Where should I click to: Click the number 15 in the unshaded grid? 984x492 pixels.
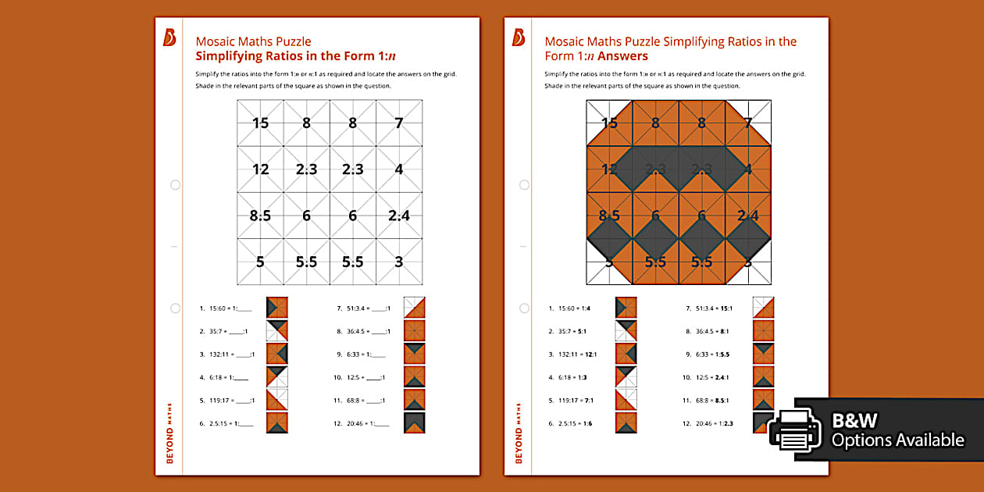point(260,123)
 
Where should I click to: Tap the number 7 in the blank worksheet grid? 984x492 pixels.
point(398,123)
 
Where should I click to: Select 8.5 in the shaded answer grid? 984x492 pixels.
point(609,216)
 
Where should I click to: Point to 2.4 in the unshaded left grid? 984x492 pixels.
point(398,216)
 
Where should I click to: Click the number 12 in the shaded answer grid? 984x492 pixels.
point(609,169)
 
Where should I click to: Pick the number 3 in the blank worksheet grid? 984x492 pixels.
point(398,262)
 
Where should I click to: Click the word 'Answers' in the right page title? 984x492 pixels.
point(622,56)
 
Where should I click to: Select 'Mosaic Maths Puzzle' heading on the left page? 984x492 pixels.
point(253,41)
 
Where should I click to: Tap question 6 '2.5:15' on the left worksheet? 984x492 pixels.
point(226,423)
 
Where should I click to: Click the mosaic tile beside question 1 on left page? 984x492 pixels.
point(276,308)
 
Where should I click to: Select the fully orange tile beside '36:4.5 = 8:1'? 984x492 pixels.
point(763,331)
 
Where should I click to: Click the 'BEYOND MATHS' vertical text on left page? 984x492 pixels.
point(170,433)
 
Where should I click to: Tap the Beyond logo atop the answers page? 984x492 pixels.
point(519,38)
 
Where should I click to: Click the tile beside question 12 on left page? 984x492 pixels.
point(414,422)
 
